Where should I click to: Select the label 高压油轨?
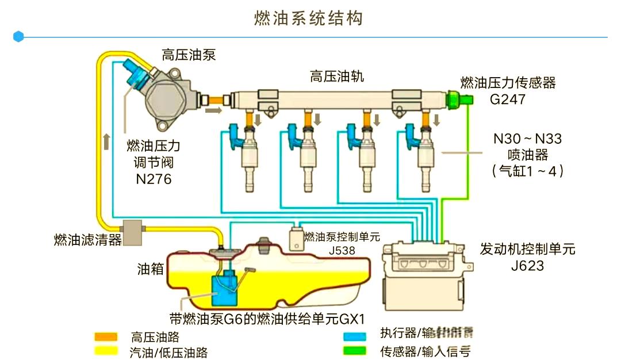(336, 76)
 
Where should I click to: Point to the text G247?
(508, 99)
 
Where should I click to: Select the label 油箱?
(151, 269)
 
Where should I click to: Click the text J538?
(342, 251)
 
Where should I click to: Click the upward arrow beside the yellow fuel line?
(107, 141)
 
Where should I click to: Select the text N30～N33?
(527, 139)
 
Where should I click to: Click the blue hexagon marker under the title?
(18, 37)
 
